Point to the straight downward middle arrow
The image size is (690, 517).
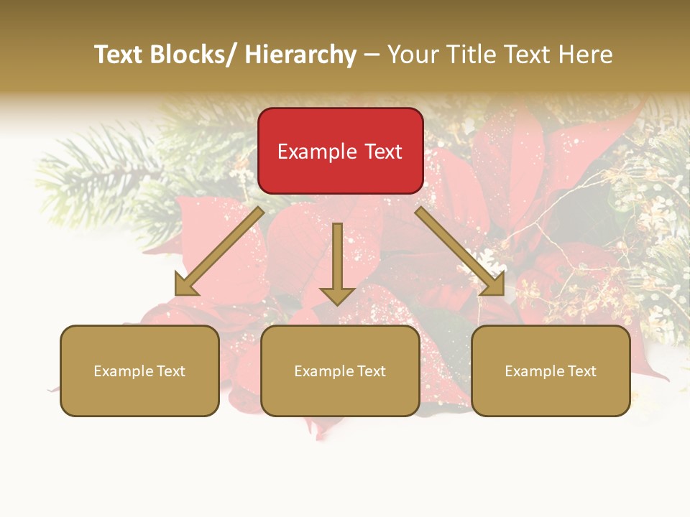pyautogui.click(x=337, y=258)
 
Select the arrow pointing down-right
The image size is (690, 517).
pyautogui.click(x=460, y=251)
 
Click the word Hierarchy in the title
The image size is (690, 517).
pyautogui.click(x=300, y=55)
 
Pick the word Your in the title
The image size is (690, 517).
pyautogui.click(x=412, y=55)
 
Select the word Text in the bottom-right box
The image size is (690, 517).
pyautogui.click(x=581, y=371)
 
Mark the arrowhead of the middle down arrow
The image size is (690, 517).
pyautogui.click(x=337, y=294)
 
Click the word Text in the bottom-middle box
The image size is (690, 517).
pyautogui.click(x=370, y=371)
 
